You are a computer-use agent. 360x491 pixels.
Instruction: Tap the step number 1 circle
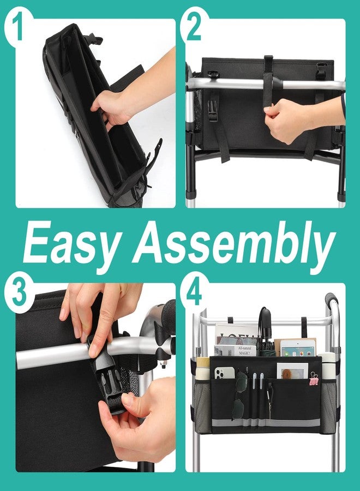coord(19,26)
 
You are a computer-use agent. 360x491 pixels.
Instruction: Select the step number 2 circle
coord(194,26)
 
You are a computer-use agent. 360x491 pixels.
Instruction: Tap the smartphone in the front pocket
coord(224,373)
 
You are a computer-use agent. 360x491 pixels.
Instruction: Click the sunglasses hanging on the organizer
coord(240,396)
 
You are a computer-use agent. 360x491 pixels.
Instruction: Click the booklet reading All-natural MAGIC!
coord(236,350)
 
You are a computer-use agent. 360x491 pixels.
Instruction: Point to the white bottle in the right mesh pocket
coord(327,367)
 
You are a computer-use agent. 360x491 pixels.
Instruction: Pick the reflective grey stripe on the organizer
coord(266,423)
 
